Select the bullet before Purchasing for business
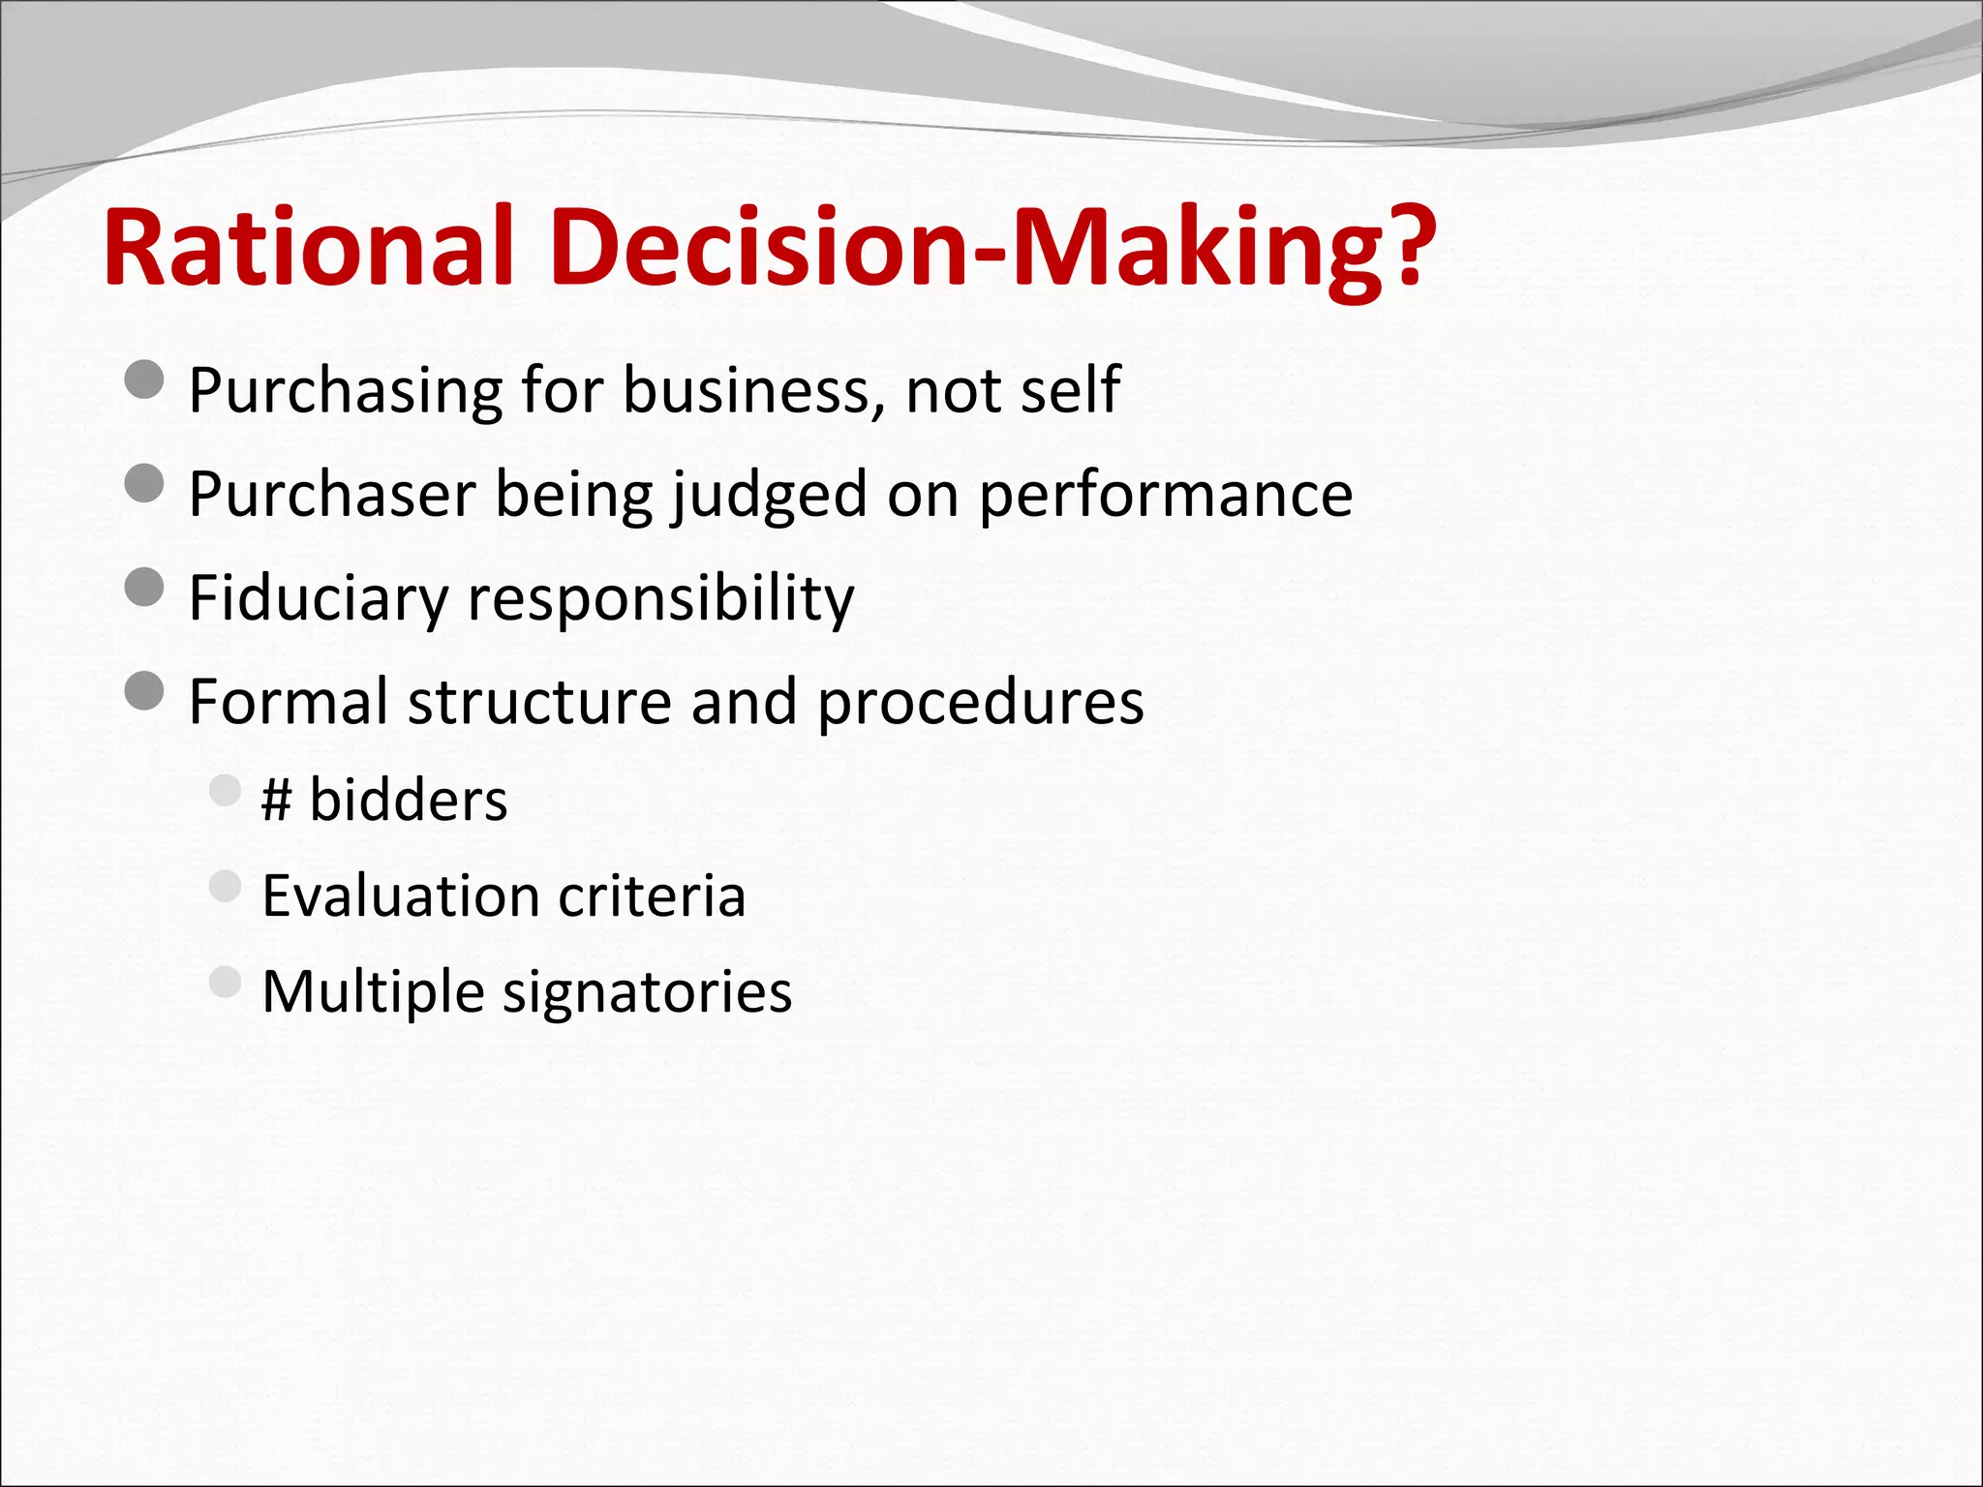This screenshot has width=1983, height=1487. [x=144, y=379]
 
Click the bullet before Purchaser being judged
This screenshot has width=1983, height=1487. [x=144, y=483]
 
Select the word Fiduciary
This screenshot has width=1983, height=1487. [x=318, y=598]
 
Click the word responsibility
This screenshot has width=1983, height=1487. [x=661, y=598]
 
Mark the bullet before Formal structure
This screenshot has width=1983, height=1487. [x=144, y=691]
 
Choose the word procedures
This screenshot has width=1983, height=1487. [x=980, y=702]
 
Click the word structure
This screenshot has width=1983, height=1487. [x=539, y=702]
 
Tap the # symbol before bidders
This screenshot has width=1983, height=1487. [x=277, y=802]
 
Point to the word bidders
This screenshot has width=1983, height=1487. [x=408, y=801]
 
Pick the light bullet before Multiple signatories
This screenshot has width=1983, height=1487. [x=225, y=982]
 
